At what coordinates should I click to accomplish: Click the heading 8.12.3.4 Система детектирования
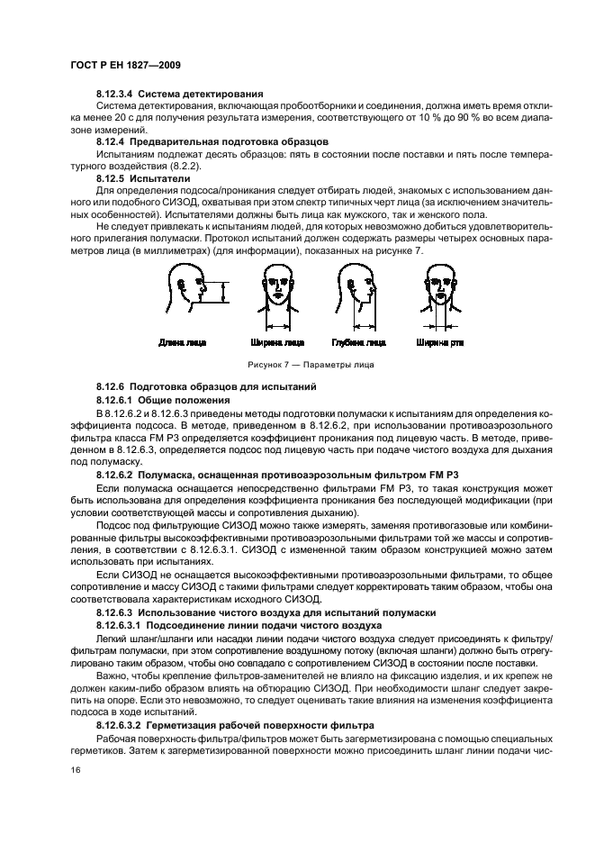pyautogui.click(x=179, y=95)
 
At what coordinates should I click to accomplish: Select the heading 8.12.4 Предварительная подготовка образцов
pyautogui.click(x=212, y=142)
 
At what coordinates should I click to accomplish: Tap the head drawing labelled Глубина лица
pyautogui.click(x=356, y=294)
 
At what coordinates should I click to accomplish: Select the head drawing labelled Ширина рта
pyautogui.click(x=438, y=294)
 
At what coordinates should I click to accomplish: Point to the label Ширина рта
pyautogui.click(x=438, y=343)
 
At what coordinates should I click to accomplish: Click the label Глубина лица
pyautogui.click(x=357, y=343)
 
